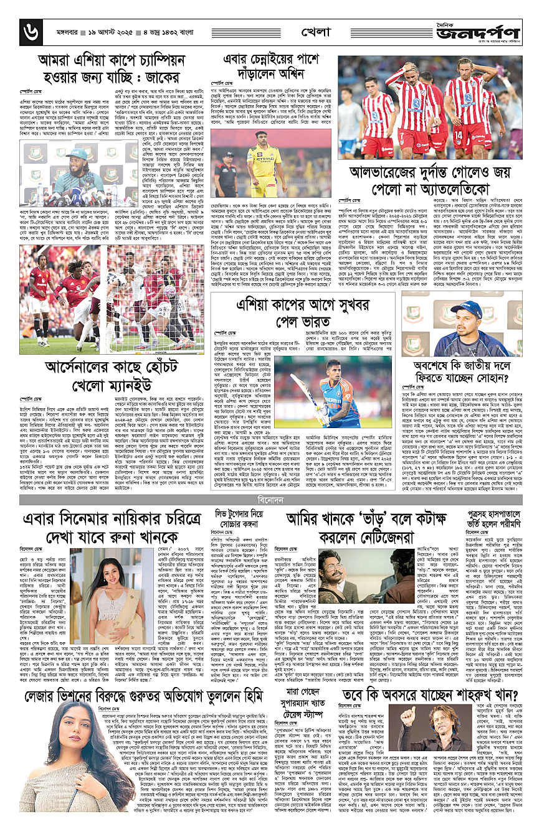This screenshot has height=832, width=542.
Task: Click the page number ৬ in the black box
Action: click(28, 28)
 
